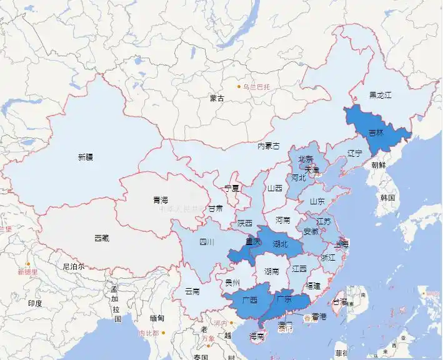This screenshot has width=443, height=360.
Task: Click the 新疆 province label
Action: [x=86, y=157]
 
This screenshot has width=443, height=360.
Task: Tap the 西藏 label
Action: [x=102, y=238]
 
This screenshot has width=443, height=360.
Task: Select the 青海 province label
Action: [x=161, y=200]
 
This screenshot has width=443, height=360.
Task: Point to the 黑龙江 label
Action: [x=380, y=95]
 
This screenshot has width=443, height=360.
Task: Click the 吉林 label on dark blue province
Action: [x=377, y=132]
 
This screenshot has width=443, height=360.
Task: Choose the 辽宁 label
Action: [x=355, y=153]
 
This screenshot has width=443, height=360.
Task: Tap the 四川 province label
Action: [x=207, y=242]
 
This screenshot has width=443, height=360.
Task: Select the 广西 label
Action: [x=249, y=299]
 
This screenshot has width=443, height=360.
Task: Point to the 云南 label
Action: [x=192, y=291]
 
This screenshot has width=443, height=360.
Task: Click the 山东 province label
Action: [x=317, y=202]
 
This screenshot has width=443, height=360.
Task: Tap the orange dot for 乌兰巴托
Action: [x=238, y=86]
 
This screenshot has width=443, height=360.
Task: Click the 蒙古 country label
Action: [x=217, y=98]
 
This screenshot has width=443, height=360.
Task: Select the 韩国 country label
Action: [x=388, y=197]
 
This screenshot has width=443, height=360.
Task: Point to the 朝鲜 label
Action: [x=379, y=166]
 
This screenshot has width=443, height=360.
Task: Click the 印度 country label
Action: [x=35, y=304]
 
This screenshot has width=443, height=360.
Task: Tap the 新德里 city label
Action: [x=27, y=272]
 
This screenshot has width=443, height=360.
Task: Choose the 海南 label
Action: [x=257, y=336]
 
